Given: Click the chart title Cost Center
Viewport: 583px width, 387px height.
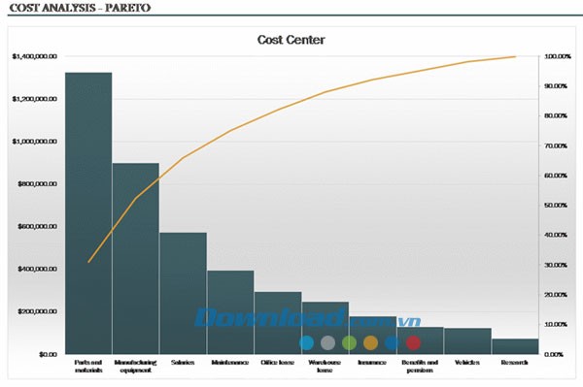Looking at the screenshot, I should click(291, 40).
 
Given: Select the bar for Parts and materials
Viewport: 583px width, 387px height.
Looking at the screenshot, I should click(88, 213).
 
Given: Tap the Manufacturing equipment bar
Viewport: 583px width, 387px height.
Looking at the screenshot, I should click(136, 258).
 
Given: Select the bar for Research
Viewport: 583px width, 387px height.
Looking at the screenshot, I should click(515, 346).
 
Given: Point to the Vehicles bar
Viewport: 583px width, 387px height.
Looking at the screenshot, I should click(467, 340).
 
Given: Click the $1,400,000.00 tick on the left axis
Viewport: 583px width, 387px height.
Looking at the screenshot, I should click(32, 57).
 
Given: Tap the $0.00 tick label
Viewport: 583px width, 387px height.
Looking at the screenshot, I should click(47, 354).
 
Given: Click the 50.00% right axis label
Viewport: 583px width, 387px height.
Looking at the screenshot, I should click(558, 206).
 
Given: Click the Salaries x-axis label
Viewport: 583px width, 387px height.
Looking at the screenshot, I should click(183, 363).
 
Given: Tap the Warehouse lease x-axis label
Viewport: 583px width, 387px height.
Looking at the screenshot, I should click(326, 366).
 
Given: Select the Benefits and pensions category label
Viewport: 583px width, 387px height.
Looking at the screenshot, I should click(420, 366).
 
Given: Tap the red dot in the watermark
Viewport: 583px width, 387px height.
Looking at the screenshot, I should click(413, 342).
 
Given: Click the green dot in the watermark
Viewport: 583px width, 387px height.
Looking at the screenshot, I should click(349, 342).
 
